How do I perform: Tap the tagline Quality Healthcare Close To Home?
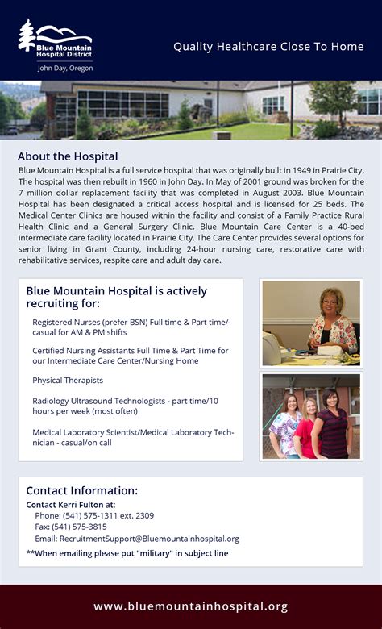[x=268, y=47]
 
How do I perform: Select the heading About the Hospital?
[x=68, y=156]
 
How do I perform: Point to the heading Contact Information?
[x=81, y=490]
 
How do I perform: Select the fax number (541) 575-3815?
[x=84, y=527]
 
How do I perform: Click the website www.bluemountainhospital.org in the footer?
[x=190, y=606]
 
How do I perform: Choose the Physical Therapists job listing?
[x=68, y=380]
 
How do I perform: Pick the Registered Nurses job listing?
[x=131, y=327]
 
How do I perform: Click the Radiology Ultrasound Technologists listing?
[x=125, y=406]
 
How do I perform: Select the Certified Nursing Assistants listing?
[x=130, y=356]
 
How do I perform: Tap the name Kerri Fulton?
[x=89, y=505]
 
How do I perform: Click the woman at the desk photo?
[x=311, y=323]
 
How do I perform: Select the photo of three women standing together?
[x=311, y=416]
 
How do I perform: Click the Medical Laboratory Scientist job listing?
[x=133, y=437]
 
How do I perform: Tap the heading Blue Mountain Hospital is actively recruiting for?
[x=116, y=297]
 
